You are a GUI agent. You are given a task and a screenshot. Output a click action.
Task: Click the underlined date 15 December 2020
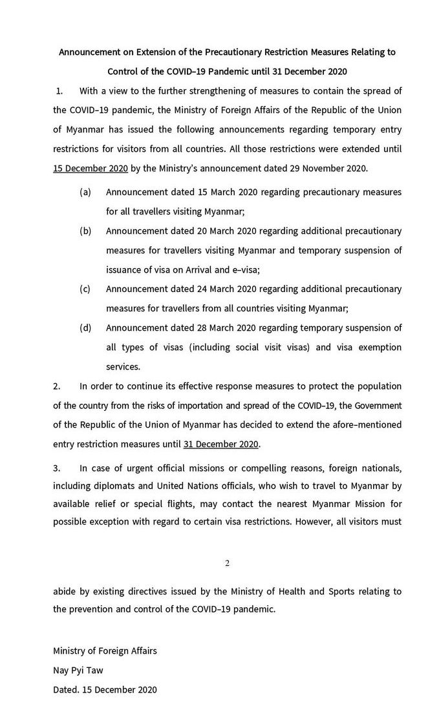coord(91,169)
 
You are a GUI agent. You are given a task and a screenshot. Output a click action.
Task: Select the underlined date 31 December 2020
coord(221,444)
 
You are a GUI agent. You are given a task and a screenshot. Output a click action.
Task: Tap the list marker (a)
coord(85,193)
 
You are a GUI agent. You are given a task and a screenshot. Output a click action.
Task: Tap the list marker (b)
coord(85,231)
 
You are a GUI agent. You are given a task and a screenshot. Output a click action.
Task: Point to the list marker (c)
coord(85,289)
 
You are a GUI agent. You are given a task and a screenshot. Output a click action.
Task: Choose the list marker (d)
coord(85,328)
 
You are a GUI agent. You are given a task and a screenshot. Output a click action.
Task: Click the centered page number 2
coord(227,563)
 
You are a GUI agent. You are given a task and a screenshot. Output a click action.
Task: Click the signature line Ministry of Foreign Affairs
coord(105,651)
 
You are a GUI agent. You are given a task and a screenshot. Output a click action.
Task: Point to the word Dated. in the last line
coord(66,689)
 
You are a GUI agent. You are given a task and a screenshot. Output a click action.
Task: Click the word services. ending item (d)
coord(123,366)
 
